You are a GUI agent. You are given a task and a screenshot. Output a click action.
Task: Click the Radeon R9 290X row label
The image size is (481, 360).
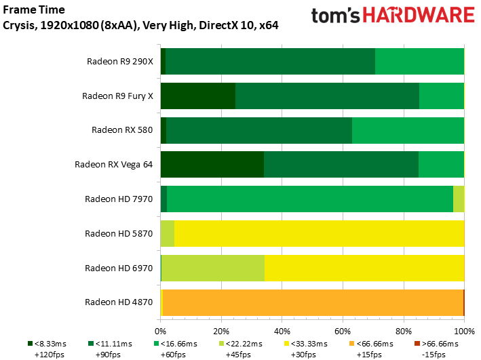(x=120, y=62)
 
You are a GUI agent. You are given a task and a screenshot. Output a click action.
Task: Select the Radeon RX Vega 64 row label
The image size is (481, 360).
(x=114, y=165)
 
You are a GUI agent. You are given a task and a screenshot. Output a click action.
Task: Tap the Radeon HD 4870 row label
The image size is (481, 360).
(x=119, y=302)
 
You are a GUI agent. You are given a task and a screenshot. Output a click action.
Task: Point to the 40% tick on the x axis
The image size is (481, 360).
(x=282, y=321)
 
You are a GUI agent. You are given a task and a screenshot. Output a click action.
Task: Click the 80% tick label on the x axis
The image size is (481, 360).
(x=404, y=332)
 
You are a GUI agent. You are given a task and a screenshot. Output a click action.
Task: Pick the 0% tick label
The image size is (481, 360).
(x=160, y=332)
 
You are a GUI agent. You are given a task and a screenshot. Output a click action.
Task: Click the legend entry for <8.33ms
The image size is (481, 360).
(x=47, y=349)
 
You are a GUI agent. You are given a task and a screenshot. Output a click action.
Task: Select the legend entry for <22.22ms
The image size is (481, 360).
(x=241, y=349)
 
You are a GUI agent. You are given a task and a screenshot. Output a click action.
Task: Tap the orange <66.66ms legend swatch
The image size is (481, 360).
(x=351, y=344)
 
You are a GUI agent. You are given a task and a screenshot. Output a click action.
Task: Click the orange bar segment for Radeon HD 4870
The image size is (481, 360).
(x=313, y=302)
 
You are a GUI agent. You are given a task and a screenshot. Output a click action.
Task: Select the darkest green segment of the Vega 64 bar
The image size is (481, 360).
(x=212, y=164)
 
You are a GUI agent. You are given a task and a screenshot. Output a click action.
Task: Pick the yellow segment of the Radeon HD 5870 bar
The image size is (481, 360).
(x=320, y=233)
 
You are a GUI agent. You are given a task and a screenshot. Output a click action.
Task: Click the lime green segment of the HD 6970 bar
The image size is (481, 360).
(x=213, y=268)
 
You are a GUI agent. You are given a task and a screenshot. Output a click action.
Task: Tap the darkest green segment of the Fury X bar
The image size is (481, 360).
(x=198, y=96)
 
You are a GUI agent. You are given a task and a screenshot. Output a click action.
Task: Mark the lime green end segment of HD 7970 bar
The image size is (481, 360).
(x=459, y=199)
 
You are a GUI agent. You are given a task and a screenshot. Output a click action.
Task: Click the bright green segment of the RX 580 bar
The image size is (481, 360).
(x=408, y=130)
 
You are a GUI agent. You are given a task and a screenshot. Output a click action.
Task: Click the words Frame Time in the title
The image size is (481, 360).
(x=34, y=9)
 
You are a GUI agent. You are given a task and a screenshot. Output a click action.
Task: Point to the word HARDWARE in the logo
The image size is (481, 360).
(x=419, y=16)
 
